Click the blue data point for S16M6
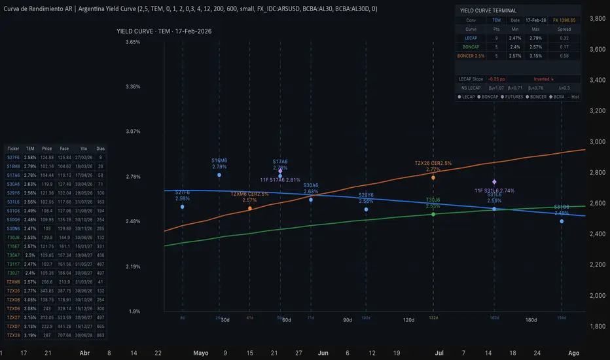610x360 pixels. [x=219, y=175]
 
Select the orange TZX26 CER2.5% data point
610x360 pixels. [x=433, y=177]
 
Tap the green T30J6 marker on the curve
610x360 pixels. [x=433, y=214]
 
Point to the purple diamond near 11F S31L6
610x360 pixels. [x=494, y=181]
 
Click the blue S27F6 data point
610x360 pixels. [x=183, y=206]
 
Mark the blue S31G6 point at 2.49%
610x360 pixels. [x=562, y=221]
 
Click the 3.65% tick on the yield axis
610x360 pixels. [x=133, y=42]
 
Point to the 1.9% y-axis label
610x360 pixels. [x=135, y=311]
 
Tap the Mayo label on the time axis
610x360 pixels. [x=200, y=352]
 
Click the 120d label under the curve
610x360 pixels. [x=409, y=320]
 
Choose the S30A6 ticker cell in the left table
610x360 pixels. [x=13, y=185]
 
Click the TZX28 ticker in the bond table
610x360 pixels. [x=13, y=334]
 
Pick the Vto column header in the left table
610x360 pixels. [x=82, y=148]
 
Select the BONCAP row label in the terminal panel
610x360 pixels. [x=471, y=47]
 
